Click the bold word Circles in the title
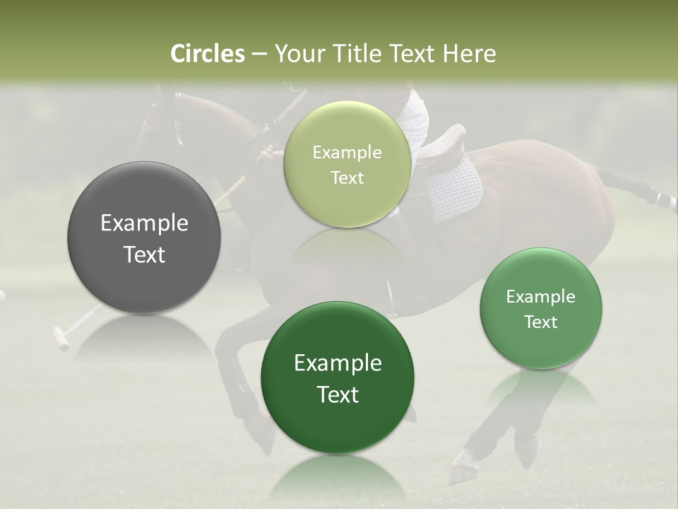pos(207,54)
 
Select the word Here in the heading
pos(470,54)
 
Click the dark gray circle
pos(144,238)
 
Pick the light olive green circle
pos(347,164)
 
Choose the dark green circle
pos(338,378)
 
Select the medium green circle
pos(540,308)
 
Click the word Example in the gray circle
pos(144,223)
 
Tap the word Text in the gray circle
pos(144,255)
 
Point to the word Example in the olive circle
pos(347,153)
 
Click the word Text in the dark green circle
pos(338,394)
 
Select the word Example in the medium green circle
pos(540,297)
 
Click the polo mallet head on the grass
pos(61,339)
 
